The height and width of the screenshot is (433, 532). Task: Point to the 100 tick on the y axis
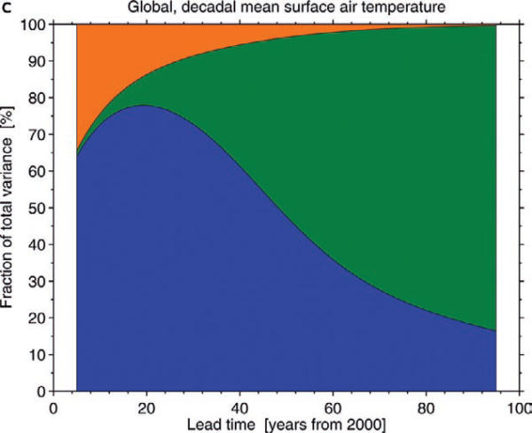click(34, 25)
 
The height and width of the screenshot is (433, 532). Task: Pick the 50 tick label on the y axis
click(37, 208)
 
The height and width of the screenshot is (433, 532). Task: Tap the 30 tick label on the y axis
click(37, 281)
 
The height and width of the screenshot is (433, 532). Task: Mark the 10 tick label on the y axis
click(37, 354)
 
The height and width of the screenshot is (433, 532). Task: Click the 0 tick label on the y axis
click(41, 391)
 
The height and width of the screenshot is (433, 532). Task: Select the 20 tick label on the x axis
click(146, 407)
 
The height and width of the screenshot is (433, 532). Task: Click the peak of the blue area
click(142, 106)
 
